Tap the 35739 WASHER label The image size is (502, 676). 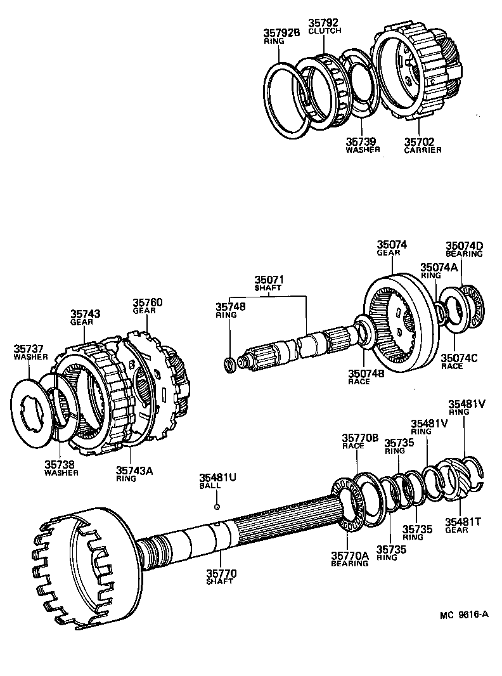point(363,145)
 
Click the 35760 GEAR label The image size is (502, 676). point(147,306)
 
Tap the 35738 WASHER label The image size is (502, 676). point(61,468)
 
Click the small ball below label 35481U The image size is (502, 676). point(217,506)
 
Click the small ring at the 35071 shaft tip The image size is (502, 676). point(230,364)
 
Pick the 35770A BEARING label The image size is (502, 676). point(349,559)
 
